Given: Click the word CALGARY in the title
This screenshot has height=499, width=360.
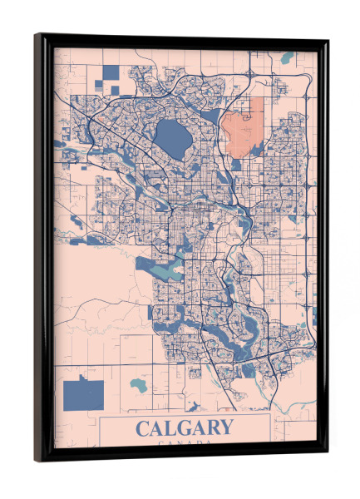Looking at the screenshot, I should tap(184, 428).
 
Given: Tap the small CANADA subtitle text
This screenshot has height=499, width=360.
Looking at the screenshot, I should tap(184, 443).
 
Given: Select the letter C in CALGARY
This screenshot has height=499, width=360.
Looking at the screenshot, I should tap(142, 428).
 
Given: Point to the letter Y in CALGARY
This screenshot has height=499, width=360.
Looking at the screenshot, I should tap(224, 428).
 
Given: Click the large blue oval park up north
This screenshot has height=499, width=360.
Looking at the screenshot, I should tap(171, 135).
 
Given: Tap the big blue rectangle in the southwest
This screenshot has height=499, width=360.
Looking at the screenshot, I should tap(83, 391).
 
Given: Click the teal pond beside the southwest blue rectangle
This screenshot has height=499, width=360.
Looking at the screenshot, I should tap(138, 386).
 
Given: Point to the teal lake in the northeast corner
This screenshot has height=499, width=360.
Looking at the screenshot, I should tap(288, 59).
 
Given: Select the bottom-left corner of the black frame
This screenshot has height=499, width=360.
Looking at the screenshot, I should tap(36, 460).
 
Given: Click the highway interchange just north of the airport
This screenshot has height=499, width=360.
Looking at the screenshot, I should tap(249, 75).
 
